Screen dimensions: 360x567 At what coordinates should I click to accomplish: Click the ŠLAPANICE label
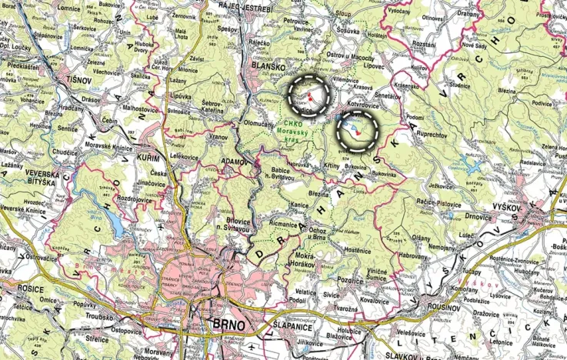pos(291,326)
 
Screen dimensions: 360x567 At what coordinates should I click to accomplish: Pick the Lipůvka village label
pos(182,97)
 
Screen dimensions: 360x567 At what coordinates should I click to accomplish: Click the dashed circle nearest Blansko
pos(309,95)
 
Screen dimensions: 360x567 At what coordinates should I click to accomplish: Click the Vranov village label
pos(218,136)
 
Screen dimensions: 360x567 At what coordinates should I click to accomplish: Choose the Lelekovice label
pos(184,155)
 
